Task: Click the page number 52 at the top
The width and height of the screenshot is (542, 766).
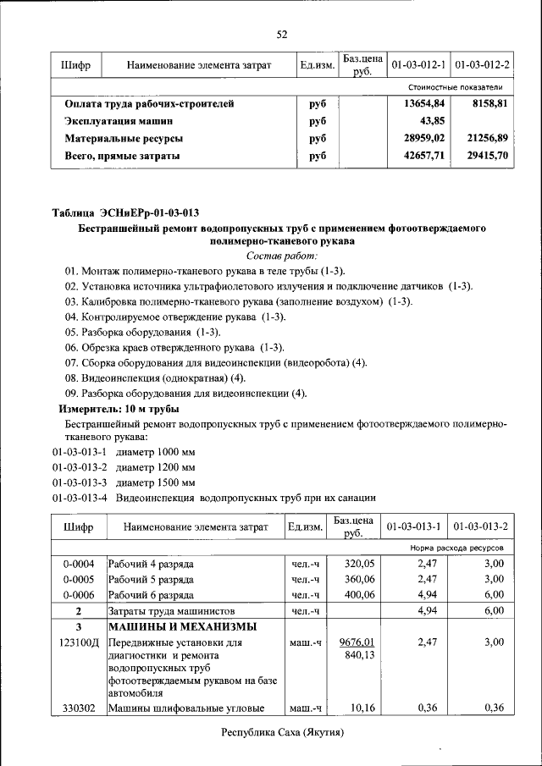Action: coord(282,35)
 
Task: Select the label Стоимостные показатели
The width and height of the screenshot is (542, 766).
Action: coord(456,87)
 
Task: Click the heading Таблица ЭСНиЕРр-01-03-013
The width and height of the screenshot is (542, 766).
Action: coord(132,212)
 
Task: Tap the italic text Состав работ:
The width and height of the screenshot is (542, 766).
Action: coord(282,255)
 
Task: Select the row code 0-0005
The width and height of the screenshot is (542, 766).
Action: coord(78,579)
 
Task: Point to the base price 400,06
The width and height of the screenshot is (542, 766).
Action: coord(356,595)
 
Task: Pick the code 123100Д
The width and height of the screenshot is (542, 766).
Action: coord(78,643)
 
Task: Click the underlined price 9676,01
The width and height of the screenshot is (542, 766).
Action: coord(356,642)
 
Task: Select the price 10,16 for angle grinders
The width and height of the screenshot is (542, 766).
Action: coord(361,708)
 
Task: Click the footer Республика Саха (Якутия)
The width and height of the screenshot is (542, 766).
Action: coord(284,732)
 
